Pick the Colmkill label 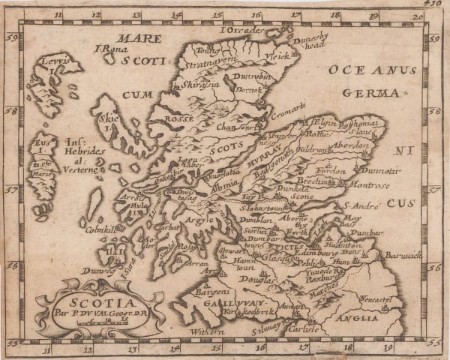(100, 230)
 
